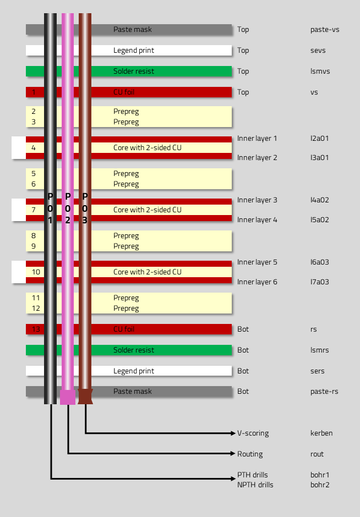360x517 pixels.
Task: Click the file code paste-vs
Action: pos(325,29)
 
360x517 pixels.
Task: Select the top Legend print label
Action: pos(134,51)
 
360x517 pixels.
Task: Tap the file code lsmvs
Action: pos(320,71)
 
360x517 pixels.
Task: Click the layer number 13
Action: pos(36,329)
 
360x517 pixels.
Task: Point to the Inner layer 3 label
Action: pos(257,200)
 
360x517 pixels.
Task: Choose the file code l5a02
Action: pos(319,219)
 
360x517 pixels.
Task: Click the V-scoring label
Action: pos(253,433)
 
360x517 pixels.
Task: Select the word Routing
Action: pos(250,454)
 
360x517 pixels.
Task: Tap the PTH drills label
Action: pos(253,475)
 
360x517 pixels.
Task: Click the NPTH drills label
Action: pos(255,485)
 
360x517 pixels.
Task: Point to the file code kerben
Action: pos(321,433)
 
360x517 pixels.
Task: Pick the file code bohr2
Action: pos(320,485)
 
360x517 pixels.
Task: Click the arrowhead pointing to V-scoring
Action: pos(233,433)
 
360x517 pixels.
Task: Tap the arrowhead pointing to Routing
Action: pos(233,454)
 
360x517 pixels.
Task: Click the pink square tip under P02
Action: pos(68,397)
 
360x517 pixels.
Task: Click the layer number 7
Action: pos(34,210)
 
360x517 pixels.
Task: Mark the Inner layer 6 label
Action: pos(257,282)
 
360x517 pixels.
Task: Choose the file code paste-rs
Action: pos(324,392)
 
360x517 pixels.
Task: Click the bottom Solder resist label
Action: pos(134,350)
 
